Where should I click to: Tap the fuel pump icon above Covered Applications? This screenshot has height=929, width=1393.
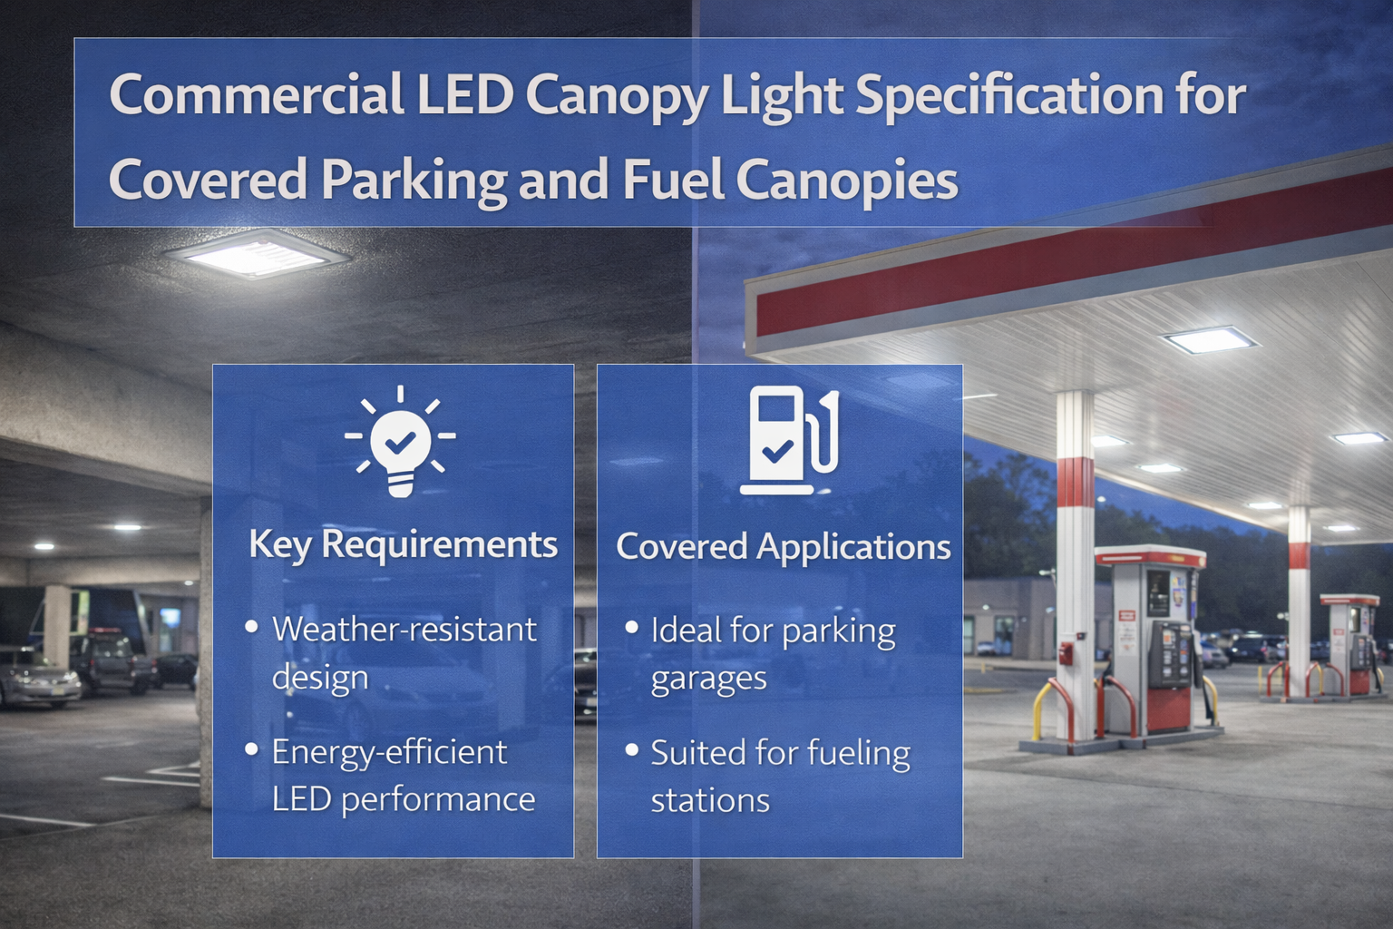pos(788,441)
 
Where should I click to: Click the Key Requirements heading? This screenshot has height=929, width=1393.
pos(403,544)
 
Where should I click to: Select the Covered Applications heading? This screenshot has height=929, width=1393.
pos(783,546)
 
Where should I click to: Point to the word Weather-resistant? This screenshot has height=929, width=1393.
pos(404,629)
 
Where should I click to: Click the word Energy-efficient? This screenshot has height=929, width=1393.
pos(389,751)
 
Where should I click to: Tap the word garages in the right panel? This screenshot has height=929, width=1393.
pos(708,679)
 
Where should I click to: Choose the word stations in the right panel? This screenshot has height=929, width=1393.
pos(710,800)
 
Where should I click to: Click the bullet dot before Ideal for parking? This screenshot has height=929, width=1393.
pos(632,627)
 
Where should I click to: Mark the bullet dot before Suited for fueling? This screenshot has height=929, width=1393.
pos(632,750)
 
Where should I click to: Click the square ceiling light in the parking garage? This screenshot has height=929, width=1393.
pos(257,253)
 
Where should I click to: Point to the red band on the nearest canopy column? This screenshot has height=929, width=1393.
pos(1076,484)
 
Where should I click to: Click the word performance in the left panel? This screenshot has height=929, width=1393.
pos(438,799)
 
